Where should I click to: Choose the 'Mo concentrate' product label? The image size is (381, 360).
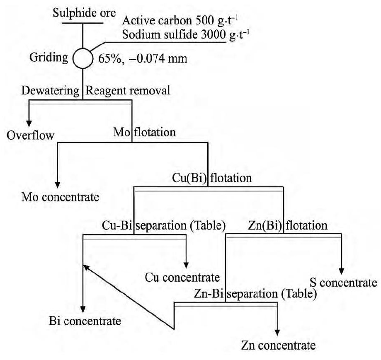[x=60, y=196]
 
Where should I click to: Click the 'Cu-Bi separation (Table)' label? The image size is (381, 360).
[x=164, y=226]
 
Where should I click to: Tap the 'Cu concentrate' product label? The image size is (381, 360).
[x=182, y=276]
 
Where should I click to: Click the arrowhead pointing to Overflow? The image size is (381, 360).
[x=29, y=123]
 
